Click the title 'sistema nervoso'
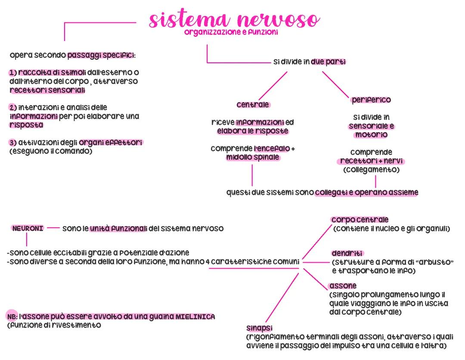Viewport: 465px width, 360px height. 235,20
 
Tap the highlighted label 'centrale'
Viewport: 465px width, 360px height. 253,105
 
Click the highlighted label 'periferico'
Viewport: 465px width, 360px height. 371,100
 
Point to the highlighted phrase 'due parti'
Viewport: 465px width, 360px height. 329,62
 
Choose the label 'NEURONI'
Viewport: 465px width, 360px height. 28,228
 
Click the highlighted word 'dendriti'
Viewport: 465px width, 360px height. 347,253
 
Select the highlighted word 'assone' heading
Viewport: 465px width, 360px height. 343,286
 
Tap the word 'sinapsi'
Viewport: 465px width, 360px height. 260,328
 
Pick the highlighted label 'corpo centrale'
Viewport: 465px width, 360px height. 360,220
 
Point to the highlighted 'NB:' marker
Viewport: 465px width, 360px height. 12,317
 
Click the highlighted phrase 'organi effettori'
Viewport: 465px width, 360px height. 111,143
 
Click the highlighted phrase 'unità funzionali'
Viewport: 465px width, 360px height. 118,229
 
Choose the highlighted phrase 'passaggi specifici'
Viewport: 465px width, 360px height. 101,56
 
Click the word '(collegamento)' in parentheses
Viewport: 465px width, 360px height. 371,170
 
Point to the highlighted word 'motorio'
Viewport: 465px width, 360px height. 371,135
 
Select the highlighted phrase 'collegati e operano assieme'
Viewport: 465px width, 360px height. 366,192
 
